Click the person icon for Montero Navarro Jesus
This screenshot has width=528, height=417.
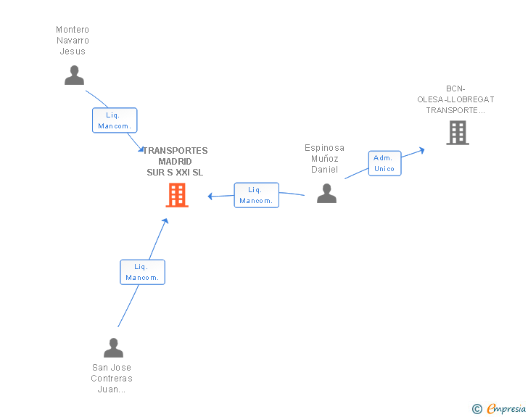coord(74,75)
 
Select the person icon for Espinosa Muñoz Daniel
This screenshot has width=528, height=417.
coord(326,194)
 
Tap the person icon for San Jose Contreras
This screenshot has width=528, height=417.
coord(113,347)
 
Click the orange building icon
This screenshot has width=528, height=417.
coord(177,195)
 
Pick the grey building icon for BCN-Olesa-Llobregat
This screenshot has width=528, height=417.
coord(458,133)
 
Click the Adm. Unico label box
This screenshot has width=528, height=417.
coord(384,163)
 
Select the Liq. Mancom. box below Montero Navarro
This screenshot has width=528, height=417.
coord(115,120)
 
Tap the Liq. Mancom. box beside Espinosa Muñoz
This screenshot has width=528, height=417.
coord(256,195)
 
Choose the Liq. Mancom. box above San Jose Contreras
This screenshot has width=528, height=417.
coord(142,272)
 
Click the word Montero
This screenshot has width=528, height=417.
coord(73,30)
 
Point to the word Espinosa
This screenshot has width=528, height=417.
coord(324,148)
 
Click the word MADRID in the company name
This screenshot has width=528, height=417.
coord(175,161)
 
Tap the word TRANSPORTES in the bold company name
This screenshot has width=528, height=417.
coord(176,151)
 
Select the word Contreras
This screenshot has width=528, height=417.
coord(112,379)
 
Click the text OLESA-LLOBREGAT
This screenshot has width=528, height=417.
coord(455,99)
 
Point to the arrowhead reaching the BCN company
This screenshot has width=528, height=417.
coord(421,150)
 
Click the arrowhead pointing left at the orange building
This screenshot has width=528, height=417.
coord(210,196)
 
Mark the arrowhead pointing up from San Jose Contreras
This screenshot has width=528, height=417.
coord(165,221)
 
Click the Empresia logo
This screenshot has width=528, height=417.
coord(506,408)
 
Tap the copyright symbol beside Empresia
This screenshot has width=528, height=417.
coord(477,409)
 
